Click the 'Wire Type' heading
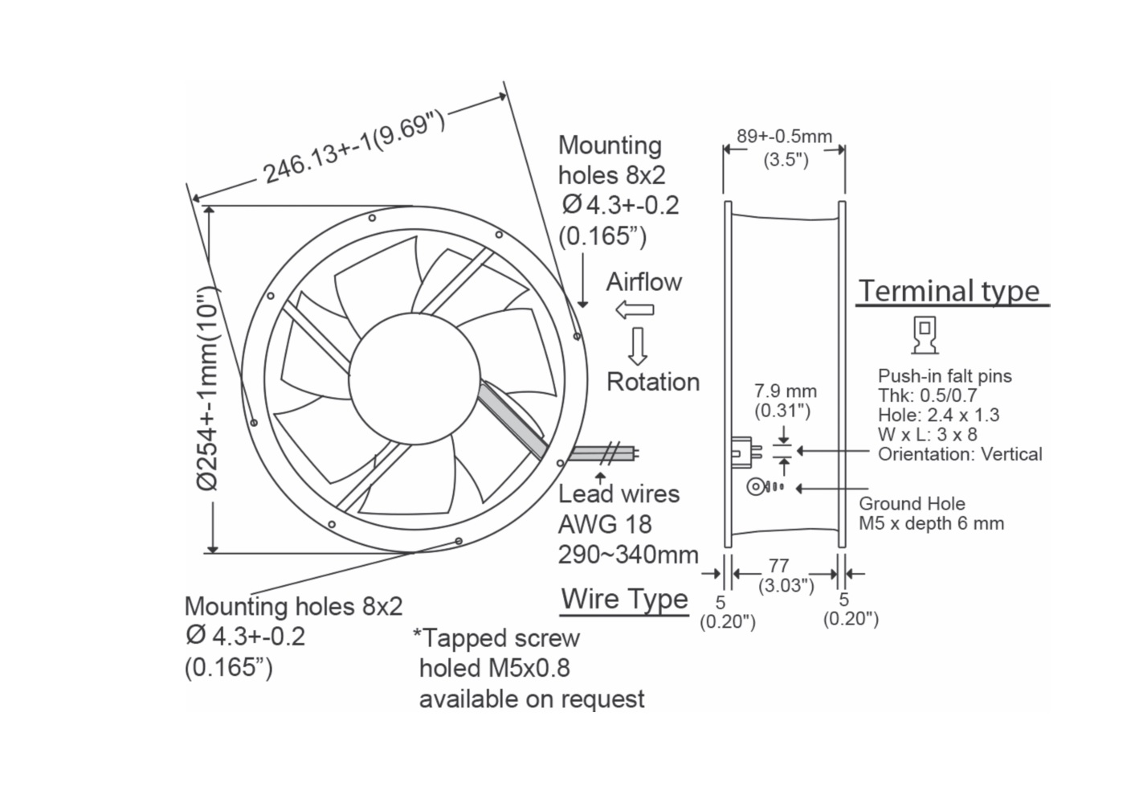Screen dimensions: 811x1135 tap(624, 599)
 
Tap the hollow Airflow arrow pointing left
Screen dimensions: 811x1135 tap(634, 309)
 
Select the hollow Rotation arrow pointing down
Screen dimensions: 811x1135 tap(638, 346)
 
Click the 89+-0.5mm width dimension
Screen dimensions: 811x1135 tap(784, 137)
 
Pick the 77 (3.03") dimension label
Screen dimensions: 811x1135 tap(785, 575)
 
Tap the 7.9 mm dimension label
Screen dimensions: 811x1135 tap(785, 391)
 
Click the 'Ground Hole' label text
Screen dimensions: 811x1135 tap(912, 504)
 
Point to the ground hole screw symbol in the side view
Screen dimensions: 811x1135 tap(757, 487)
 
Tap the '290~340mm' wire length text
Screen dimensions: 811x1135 tap(628, 555)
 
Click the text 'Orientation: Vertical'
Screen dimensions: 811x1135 tap(959, 454)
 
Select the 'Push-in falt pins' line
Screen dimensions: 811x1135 tap(945, 376)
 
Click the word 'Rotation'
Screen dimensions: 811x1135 tap(652, 382)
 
